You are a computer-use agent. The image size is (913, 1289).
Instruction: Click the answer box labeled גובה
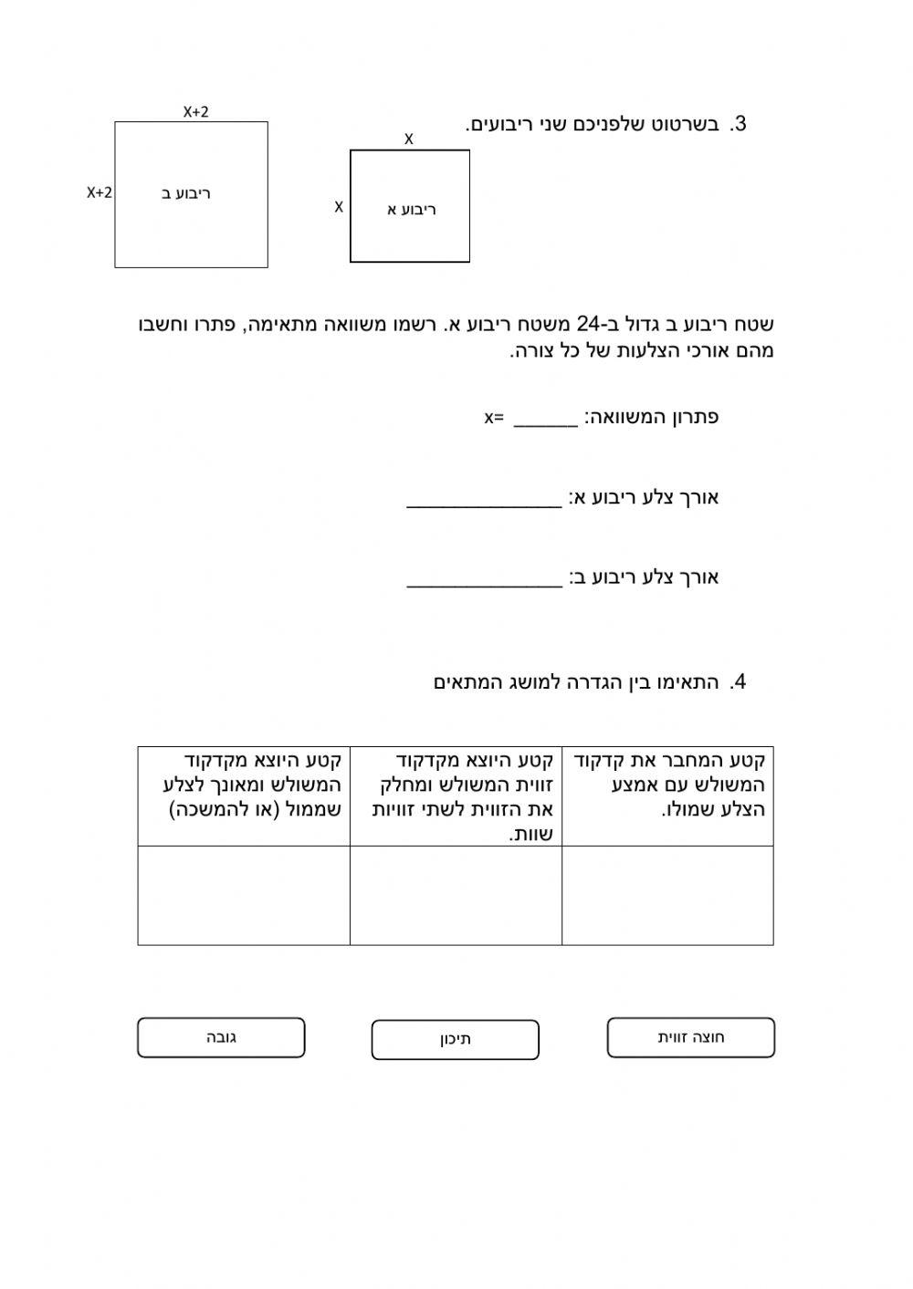[221, 1038]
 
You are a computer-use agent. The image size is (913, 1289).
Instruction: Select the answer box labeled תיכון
[455, 1040]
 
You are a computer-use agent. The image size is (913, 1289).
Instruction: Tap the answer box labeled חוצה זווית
[690, 1038]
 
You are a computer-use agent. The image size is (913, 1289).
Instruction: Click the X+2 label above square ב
[195, 111]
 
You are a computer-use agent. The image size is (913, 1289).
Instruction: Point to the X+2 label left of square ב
[100, 192]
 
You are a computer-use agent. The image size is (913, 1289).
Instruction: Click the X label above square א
[409, 140]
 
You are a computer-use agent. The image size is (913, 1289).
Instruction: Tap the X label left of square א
[339, 207]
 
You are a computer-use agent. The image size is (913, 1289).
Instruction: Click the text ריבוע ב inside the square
[187, 193]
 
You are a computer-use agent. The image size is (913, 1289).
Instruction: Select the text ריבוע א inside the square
[412, 210]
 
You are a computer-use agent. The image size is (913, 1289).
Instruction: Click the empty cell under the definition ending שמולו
[667, 895]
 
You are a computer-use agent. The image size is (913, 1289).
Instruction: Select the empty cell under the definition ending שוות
[456, 895]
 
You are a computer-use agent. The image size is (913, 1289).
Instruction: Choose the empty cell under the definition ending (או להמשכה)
[244, 895]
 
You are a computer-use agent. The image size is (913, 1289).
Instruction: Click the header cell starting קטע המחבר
[667, 785]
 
